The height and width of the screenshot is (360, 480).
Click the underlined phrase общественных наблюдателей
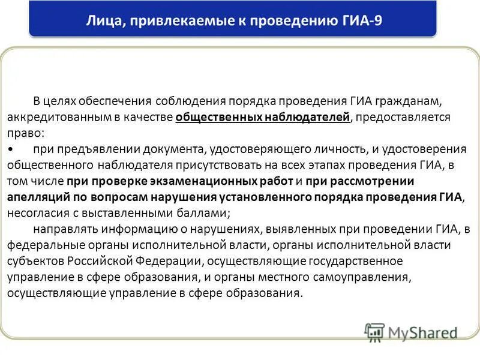click(x=262, y=116)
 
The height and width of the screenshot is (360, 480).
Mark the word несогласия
click(x=35, y=213)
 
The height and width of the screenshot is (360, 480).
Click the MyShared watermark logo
click(x=410, y=332)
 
